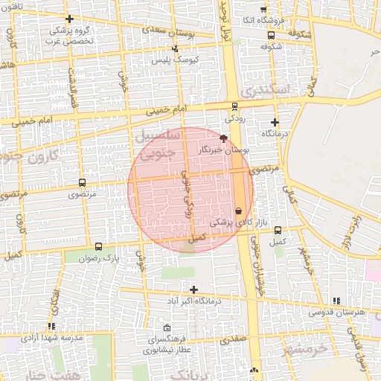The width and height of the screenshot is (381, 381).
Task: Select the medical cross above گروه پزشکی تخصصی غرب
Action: tap(69, 19)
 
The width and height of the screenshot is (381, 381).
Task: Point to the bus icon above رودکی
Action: tap(235, 106)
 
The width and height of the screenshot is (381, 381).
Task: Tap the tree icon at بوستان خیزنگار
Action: tap(223, 138)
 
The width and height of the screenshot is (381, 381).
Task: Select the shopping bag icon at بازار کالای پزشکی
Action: tap(238, 211)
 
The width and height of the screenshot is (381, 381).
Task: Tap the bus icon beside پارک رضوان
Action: tap(99, 246)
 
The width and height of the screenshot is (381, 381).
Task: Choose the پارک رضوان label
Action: tap(101, 258)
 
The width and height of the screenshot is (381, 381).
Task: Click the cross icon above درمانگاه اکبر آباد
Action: tap(194, 289)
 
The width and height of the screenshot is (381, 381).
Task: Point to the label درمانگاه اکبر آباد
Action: tap(194, 301)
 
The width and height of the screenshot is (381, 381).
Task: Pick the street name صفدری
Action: tap(231, 339)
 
